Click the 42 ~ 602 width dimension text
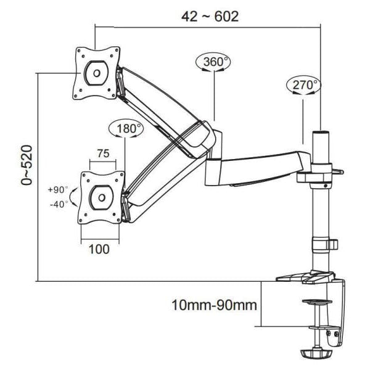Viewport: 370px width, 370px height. pyautogui.click(x=210, y=16)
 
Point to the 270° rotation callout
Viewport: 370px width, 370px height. pyautogui.click(x=303, y=85)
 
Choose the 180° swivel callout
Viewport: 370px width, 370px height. pyautogui.click(x=125, y=129)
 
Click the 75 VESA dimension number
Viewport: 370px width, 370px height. pyautogui.click(x=102, y=154)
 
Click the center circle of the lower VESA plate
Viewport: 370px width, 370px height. pyautogui.click(x=101, y=198)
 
